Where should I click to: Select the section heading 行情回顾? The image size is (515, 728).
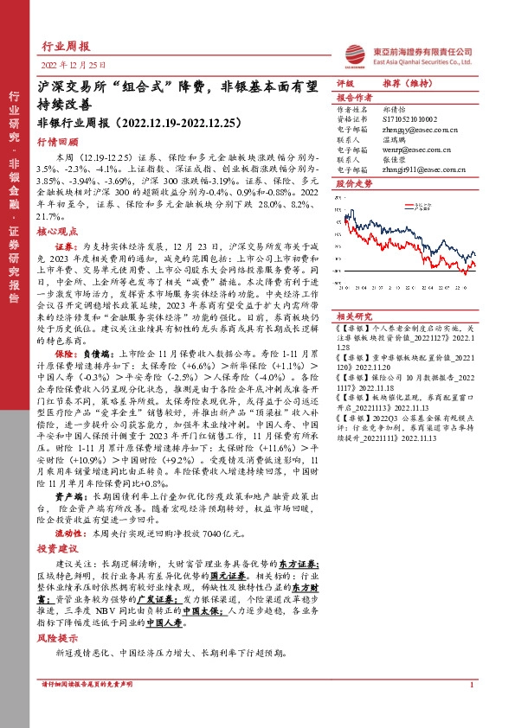pos(57,142)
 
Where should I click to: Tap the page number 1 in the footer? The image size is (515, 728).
pos(471,711)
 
